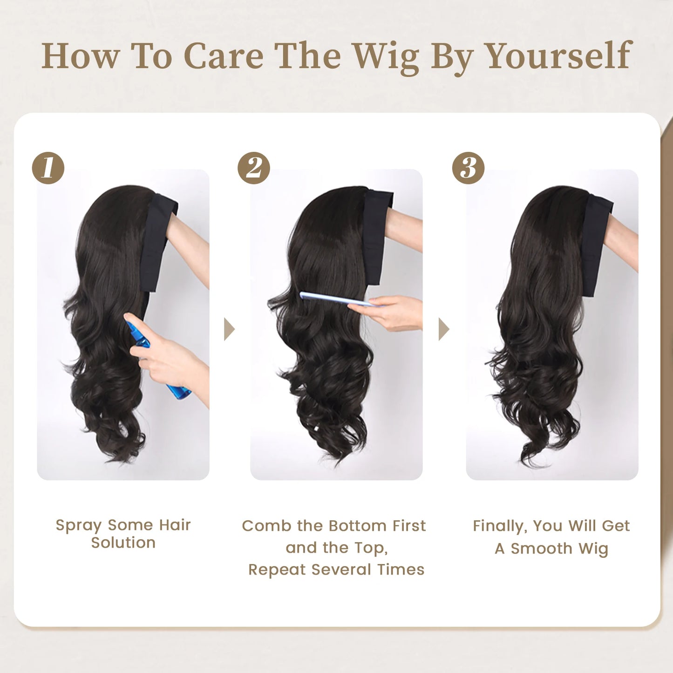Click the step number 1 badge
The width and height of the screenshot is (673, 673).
pyautogui.click(x=48, y=168)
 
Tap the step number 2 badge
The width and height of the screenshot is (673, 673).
pyautogui.click(x=254, y=168)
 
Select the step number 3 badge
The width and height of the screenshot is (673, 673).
pyautogui.click(x=468, y=168)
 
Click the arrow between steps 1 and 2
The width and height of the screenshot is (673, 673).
pyautogui.click(x=229, y=329)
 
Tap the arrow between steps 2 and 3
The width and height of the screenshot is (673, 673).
pyautogui.click(x=443, y=329)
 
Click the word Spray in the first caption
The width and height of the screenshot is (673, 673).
pyautogui.click(x=78, y=525)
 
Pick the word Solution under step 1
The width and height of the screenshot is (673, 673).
pyautogui.click(x=123, y=543)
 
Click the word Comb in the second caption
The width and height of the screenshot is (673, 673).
pyautogui.click(x=266, y=526)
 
